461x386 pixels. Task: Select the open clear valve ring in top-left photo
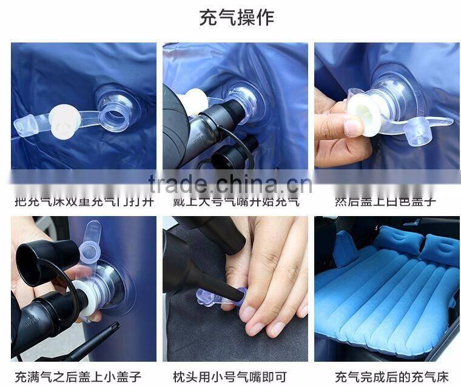pos(115,101)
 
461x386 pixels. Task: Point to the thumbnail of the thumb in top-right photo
pos(354,127)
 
